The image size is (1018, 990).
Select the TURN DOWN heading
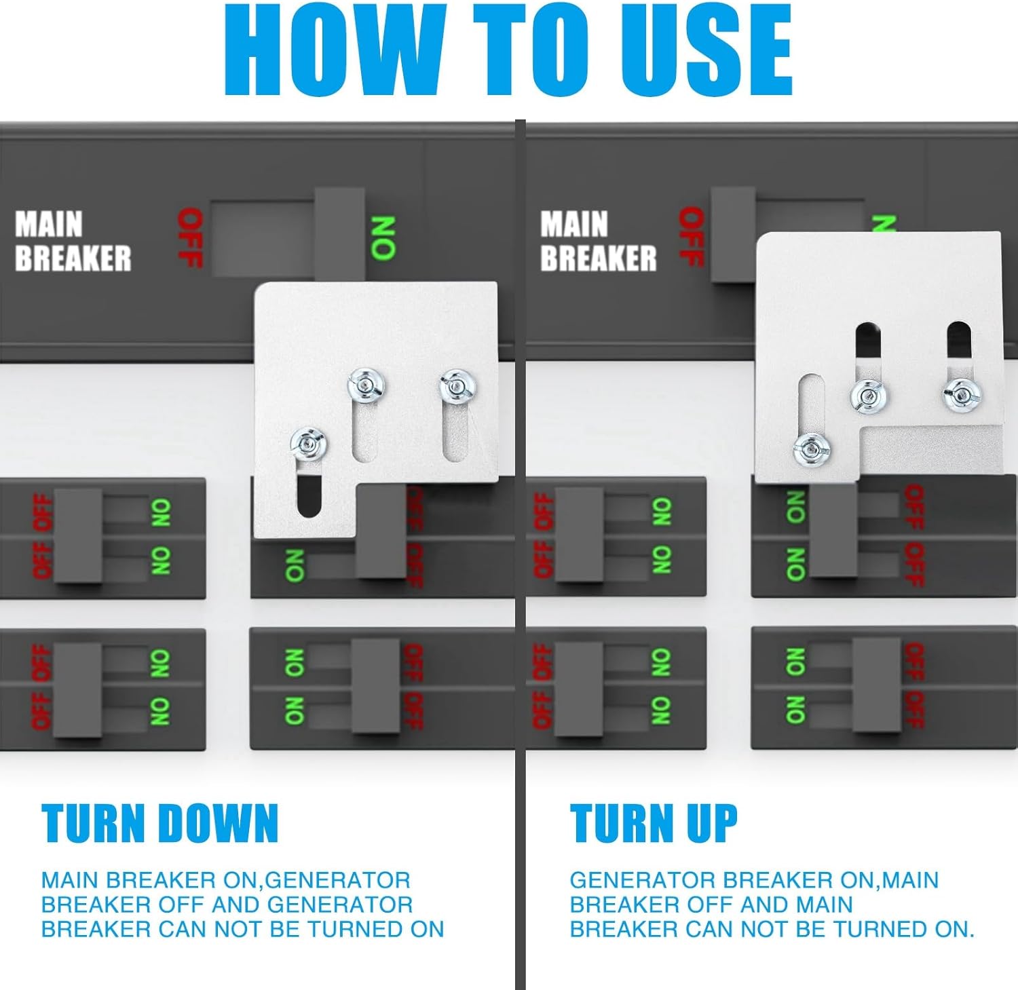(159, 823)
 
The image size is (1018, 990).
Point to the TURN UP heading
(654, 823)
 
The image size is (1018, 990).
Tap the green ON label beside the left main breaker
(383, 238)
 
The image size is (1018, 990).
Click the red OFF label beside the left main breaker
(190, 237)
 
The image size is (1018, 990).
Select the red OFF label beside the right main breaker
(691, 237)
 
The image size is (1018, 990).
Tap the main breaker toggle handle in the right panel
(733, 235)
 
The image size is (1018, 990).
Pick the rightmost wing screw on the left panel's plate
(457, 387)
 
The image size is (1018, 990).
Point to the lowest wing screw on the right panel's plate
(812, 449)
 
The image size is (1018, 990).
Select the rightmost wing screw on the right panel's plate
(962, 395)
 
